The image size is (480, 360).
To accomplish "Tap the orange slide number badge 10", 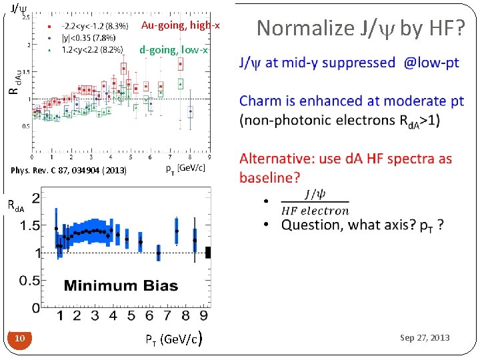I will (20, 339).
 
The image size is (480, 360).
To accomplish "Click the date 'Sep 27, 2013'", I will (425, 338).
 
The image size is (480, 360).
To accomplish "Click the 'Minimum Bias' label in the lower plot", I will (121, 286).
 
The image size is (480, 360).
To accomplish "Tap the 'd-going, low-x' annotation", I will (173, 50).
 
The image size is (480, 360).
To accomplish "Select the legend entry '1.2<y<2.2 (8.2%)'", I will (92, 49).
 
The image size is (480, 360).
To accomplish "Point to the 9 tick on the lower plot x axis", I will (203, 315).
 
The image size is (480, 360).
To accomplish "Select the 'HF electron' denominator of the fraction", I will (315, 211).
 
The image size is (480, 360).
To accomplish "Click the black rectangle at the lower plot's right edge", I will (209, 252).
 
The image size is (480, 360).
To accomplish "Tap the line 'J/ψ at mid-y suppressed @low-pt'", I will (349, 63).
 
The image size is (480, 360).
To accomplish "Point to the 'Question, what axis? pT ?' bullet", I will (363, 225).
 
